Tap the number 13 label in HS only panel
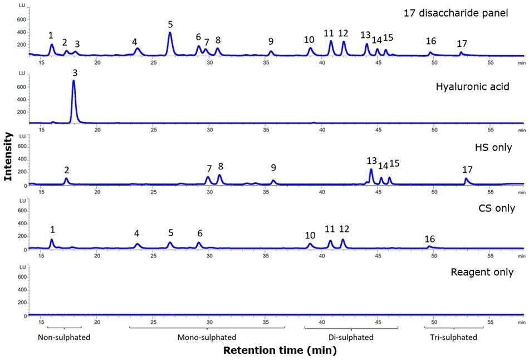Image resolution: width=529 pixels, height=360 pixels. pos(371,160)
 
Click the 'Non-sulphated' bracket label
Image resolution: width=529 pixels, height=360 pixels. pos(64,338)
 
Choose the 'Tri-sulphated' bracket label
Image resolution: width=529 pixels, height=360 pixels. pos(453,338)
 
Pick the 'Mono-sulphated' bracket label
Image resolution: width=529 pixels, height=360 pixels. pos(207,338)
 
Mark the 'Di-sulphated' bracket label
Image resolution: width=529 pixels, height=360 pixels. pos(351,338)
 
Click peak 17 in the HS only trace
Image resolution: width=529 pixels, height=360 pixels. pos(467,181)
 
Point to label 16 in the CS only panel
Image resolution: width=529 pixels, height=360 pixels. pos(429,239)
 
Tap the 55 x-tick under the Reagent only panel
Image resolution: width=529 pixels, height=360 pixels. pos(490,322)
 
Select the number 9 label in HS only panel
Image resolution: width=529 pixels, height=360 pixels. pos(273,168)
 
